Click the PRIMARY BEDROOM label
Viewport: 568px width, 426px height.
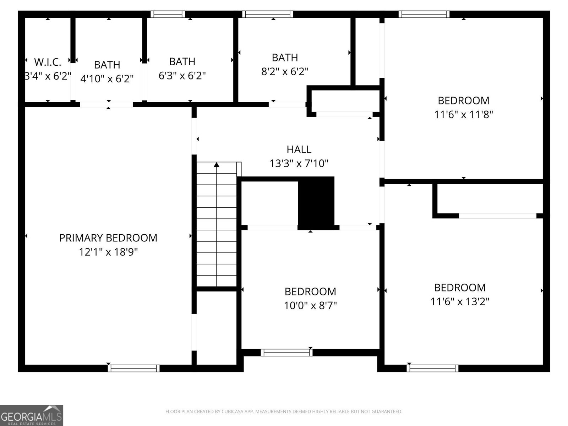pos(108,238)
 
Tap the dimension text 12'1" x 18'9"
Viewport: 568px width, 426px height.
pos(108,252)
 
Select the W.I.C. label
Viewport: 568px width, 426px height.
pos(48,62)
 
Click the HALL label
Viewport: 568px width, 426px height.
pos(299,149)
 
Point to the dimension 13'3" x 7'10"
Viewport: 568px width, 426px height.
pos(299,164)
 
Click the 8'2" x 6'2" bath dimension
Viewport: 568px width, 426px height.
pos(285,71)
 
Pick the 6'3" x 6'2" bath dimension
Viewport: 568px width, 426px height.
pos(182,76)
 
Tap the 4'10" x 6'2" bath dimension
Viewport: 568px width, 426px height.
pos(107,79)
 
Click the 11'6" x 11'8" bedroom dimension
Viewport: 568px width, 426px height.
pos(463,115)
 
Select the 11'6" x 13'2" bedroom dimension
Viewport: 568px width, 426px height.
pos(460,302)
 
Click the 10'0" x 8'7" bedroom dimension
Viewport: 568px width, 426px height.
pos(310,305)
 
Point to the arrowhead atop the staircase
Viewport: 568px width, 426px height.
pos(217,164)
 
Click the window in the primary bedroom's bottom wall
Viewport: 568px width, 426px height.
pos(134,368)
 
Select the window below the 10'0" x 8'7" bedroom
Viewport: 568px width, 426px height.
pos(286,353)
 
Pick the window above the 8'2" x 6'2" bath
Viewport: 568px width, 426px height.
pos(268,14)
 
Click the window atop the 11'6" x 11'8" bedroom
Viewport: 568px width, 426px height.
pos(424,14)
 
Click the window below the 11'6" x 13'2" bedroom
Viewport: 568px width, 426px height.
pos(432,368)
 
